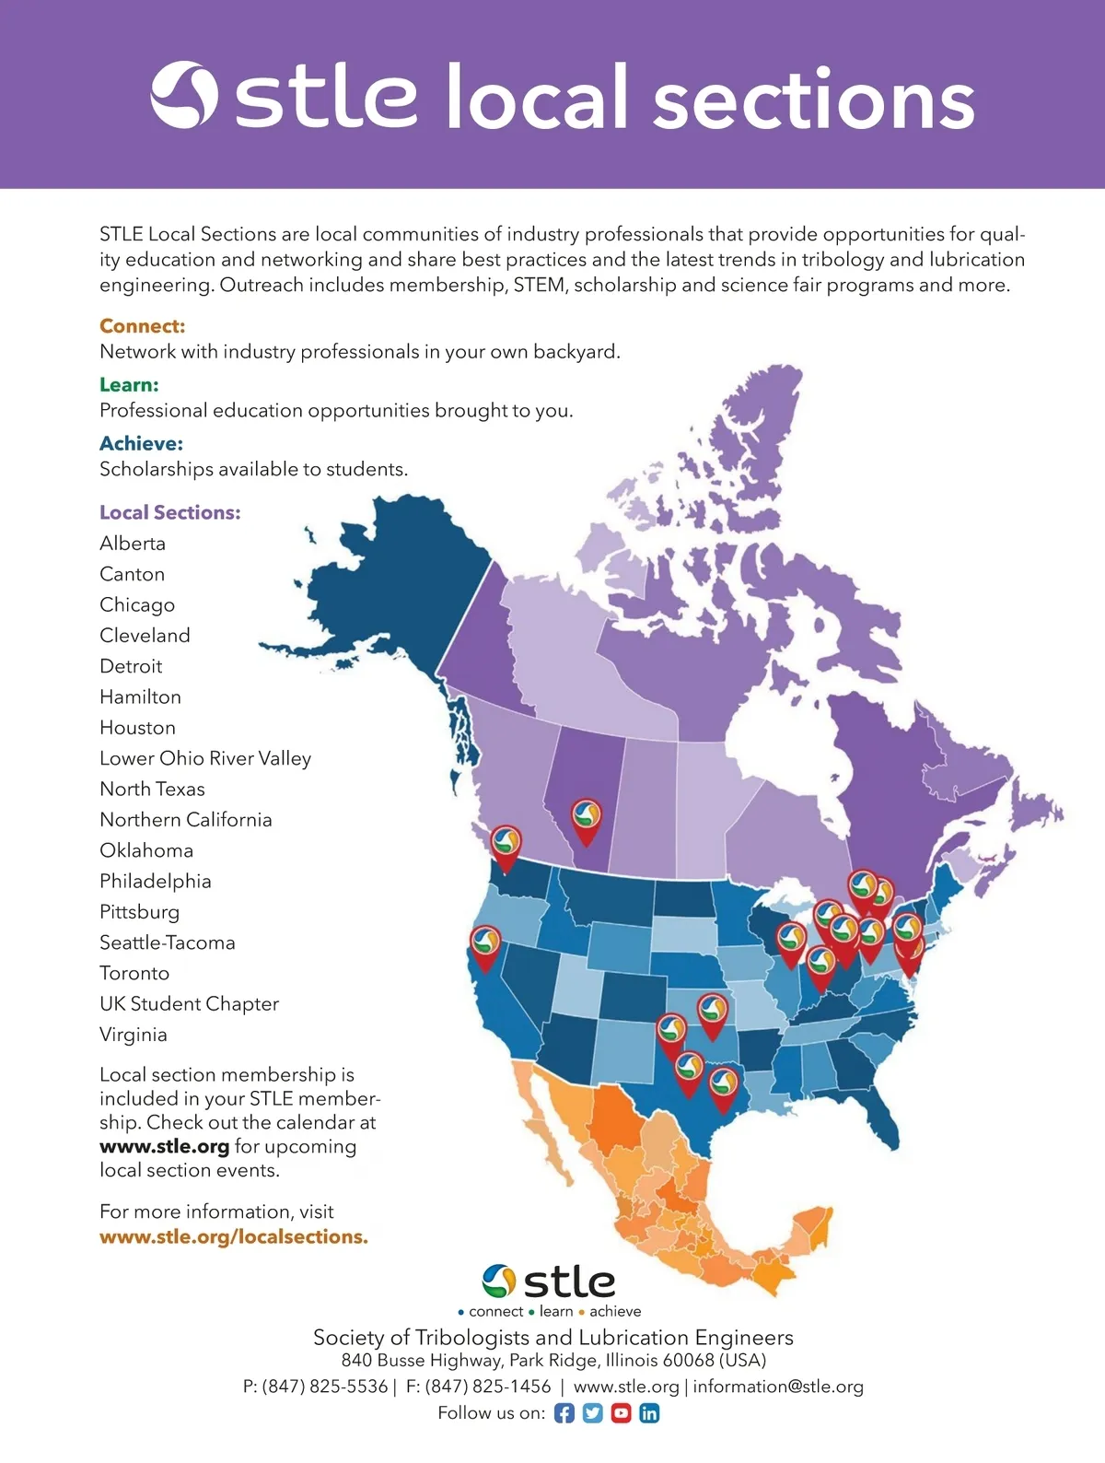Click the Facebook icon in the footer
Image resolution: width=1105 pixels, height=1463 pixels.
[564, 1413]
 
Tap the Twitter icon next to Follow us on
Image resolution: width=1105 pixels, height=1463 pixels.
[593, 1413]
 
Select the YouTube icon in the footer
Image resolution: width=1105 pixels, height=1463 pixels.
[622, 1413]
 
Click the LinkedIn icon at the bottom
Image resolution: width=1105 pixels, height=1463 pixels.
[649, 1413]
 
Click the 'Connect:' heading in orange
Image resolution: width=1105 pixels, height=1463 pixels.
[143, 326]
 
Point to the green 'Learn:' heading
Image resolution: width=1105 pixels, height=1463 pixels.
[129, 385]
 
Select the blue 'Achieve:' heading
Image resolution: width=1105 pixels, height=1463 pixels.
[141, 444]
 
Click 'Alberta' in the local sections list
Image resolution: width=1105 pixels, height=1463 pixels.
[133, 544]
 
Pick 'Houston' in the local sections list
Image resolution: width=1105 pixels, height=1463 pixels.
[137, 728]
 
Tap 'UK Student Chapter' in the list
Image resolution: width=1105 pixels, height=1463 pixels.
[189, 1004]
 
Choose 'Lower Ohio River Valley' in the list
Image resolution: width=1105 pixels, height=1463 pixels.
[205, 758]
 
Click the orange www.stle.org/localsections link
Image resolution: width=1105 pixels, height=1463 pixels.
[234, 1236]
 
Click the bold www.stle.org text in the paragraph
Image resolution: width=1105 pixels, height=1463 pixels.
[164, 1147]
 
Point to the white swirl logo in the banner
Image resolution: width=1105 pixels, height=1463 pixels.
[184, 95]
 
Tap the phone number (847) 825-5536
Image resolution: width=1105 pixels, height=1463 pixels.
[325, 1387]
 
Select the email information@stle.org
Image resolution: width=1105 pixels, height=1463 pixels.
[778, 1387]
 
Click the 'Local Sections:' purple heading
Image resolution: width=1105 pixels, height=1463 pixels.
[170, 512]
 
